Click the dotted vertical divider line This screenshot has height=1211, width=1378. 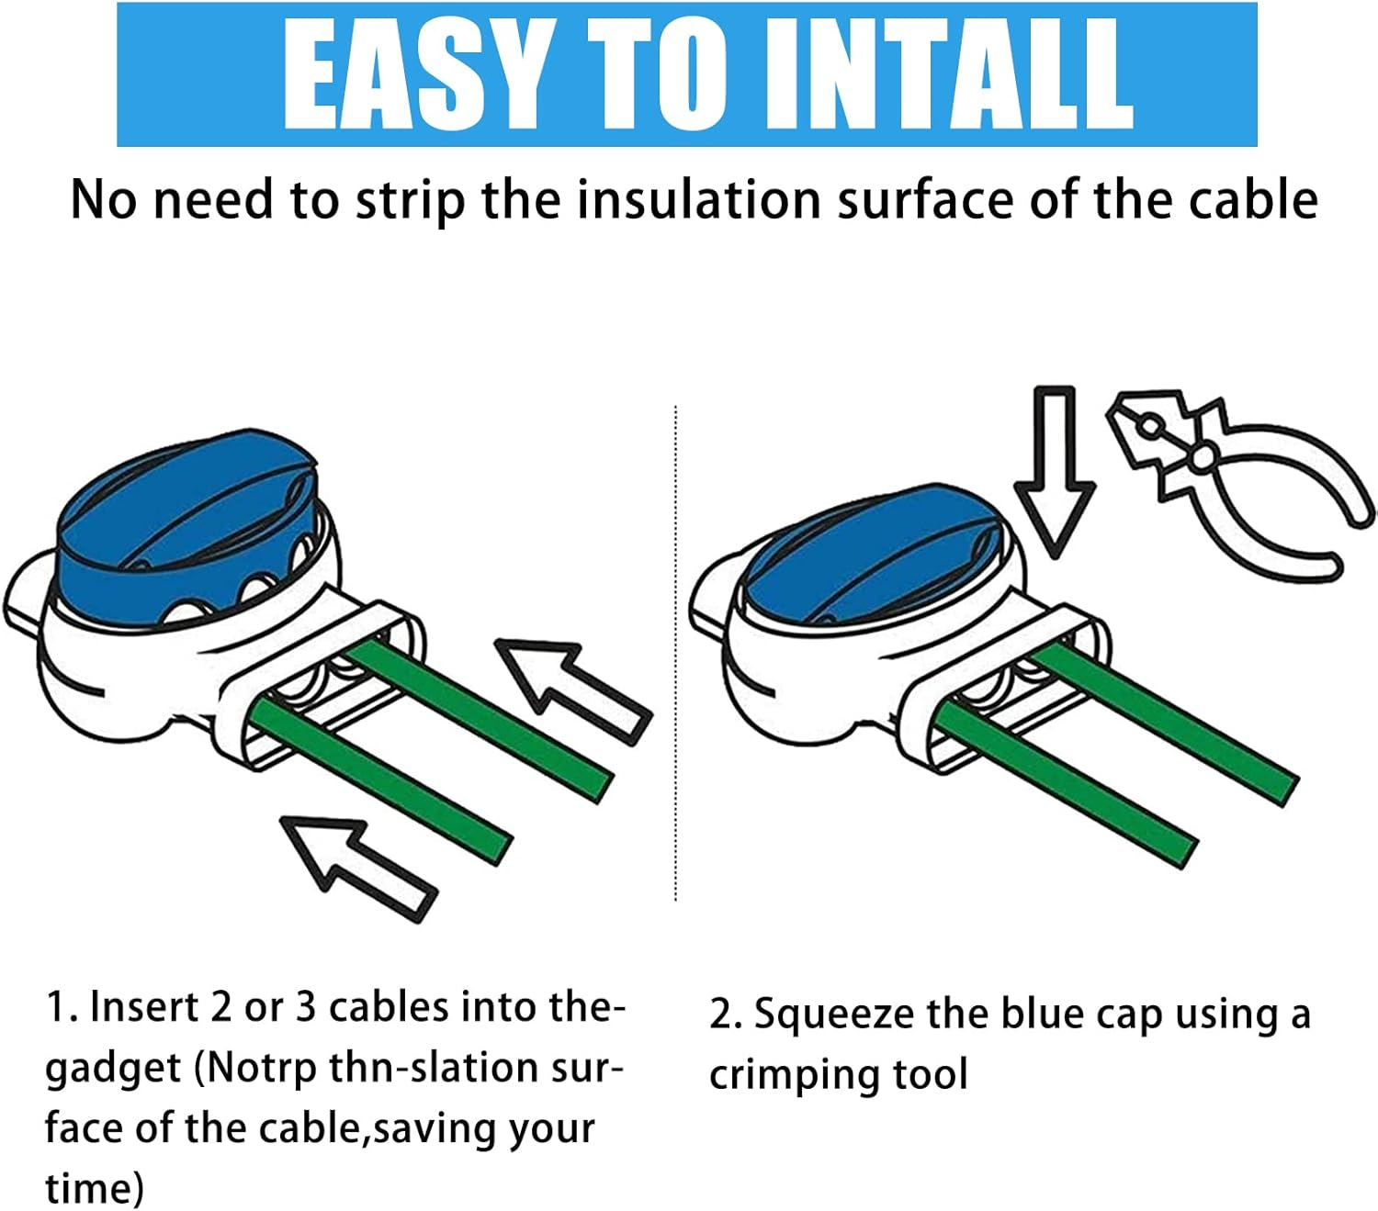pos(676,652)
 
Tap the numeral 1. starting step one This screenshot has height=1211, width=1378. pos(62,1007)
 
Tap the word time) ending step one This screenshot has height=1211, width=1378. pos(94,1188)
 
